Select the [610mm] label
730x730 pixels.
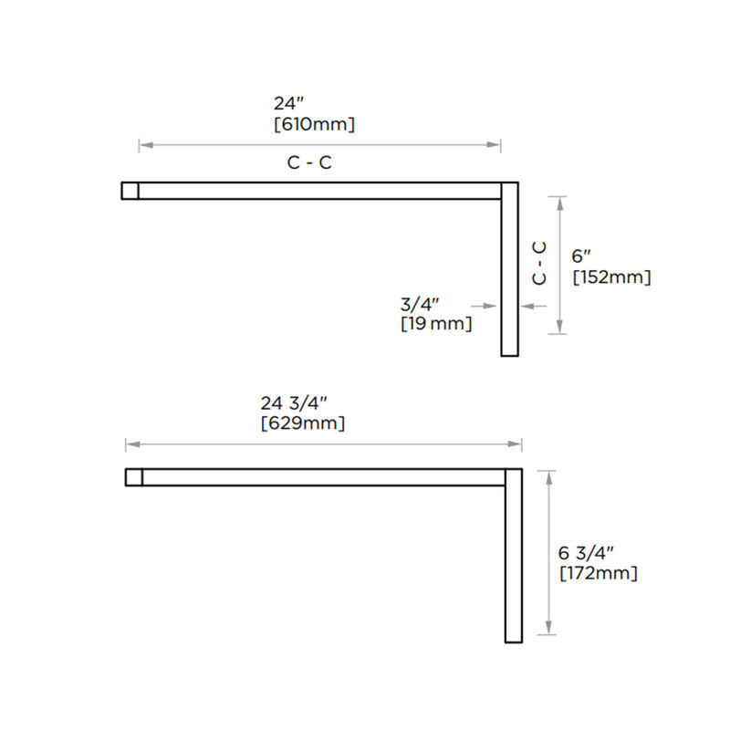(314, 124)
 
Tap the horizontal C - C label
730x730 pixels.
(309, 163)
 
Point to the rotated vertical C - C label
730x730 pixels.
(539, 262)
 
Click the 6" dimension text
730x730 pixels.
(581, 257)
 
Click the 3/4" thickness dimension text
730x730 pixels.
(421, 304)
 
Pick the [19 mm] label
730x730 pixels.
(436, 323)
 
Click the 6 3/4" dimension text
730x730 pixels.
(586, 553)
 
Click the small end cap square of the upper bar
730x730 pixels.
(130, 190)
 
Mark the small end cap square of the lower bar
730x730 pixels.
(133, 476)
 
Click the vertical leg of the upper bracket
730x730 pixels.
(510, 274)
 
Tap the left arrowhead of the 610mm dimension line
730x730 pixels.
(142, 144)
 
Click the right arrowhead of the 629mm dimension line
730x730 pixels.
(517, 444)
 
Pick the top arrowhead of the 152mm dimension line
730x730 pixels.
(560, 200)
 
